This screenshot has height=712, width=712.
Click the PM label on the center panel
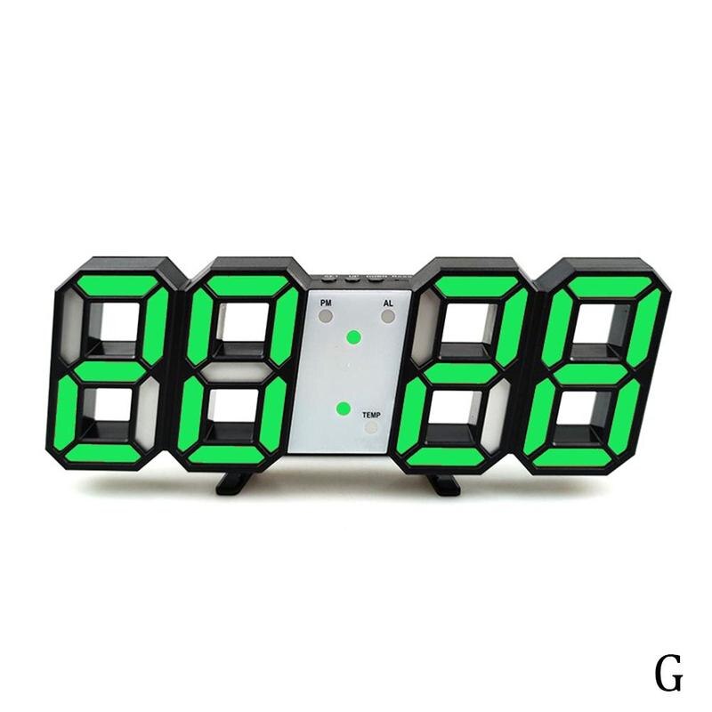pyautogui.click(x=325, y=303)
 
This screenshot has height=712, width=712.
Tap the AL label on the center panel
pyautogui.click(x=387, y=303)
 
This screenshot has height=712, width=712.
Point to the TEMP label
pyautogui.click(x=370, y=415)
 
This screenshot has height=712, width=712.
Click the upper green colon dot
pyautogui.click(x=353, y=337)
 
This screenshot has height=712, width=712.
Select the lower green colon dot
pyautogui.click(x=344, y=408)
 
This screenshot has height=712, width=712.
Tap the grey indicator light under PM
pyautogui.click(x=326, y=316)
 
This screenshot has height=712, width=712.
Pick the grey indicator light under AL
pyautogui.click(x=388, y=316)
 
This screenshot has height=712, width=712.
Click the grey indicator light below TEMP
pyautogui.click(x=370, y=427)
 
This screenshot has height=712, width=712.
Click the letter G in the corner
pyautogui.click(x=669, y=674)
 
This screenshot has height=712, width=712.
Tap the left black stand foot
pyautogui.click(x=234, y=482)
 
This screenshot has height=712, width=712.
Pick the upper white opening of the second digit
pyautogui.click(x=241, y=325)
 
